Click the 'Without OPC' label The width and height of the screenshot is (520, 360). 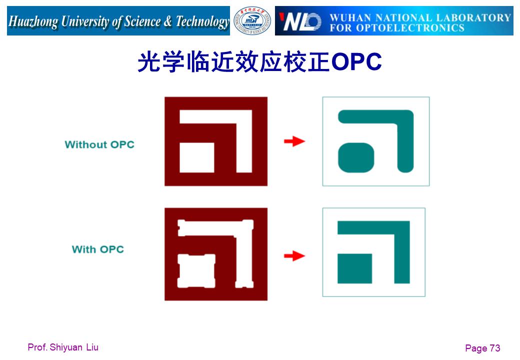pyautogui.click(x=99, y=144)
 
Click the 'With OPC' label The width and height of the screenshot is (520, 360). pyautogui.click(x=98, y=249)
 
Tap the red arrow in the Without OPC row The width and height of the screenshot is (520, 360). pyautogui.click(x=294, y=141)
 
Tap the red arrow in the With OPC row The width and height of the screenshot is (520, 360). pyautogui.click(x=294, y=256)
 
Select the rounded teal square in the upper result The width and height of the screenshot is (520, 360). pyautogui.click(x=356, y=158)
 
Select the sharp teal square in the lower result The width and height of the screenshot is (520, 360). pyautogui.click(x=354, y=268)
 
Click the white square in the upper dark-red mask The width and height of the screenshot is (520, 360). pyautogui.click(x=196, y=158)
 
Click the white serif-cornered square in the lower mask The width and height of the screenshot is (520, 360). pyautogui.click(x=196, y=271)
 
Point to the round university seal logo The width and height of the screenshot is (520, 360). pyautogui.click(x=252, y=21)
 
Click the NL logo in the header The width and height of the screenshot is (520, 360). pyautogui.click(x=300, y=21)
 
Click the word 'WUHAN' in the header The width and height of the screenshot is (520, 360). pyautogui.click(x=350, y=17)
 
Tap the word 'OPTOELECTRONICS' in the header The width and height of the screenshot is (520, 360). pyautogui.click(x=410, y=28)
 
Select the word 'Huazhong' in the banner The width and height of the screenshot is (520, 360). pyautogui.click(x=33, y=21)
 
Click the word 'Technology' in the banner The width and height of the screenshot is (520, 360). pyautogui.click(x=202, y=21)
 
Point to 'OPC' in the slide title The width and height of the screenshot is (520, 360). pyautogui.click(x=356, y=61)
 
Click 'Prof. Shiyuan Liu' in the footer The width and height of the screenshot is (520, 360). pyautogui.click(x=63, y=347)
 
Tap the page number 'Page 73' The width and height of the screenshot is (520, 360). pyautogui.click(x=482, y=348)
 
